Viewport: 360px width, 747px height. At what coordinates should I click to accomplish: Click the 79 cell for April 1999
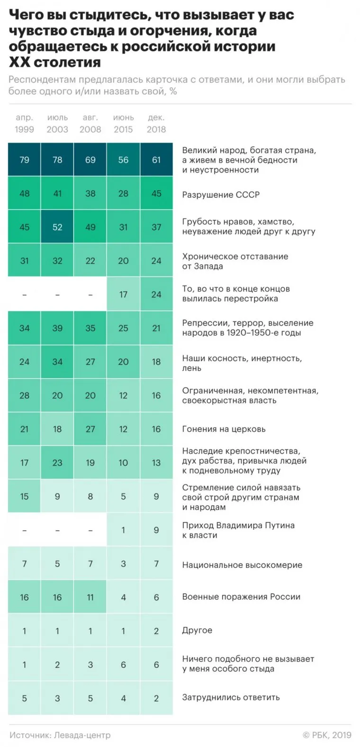pos(24,160)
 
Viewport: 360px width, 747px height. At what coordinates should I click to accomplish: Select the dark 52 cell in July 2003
pos(57,227)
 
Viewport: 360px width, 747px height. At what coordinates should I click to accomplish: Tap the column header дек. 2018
pos(156,123)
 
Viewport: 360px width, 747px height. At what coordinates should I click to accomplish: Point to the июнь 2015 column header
pos(123,123)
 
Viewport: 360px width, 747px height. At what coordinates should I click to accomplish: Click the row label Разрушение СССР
pos(221,195)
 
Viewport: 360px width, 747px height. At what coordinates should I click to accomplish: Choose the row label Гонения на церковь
pos(224,429)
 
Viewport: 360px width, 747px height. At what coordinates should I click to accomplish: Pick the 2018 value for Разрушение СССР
pos(156,194)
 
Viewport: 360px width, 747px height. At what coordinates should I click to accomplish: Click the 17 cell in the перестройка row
pos(123,294)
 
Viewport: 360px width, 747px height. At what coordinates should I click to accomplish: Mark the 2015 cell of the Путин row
pos(123,530)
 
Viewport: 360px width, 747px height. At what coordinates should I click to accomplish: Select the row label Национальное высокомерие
pos(242,565)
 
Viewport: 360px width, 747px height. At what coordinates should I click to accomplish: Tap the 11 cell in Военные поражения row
pos(90,597)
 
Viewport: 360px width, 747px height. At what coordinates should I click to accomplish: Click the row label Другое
pos(197,631)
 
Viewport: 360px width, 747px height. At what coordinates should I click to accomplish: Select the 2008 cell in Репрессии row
pos(90,328)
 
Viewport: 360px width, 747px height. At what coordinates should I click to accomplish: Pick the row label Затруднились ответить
pos(231,697)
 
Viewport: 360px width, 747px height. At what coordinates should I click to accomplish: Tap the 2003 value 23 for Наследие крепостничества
pos(57,463)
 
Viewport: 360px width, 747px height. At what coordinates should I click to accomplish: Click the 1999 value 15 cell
pos(24,497)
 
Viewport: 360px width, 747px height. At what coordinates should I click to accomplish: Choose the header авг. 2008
pos(90,123)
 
